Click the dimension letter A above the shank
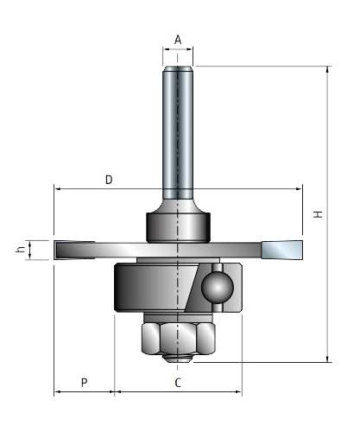[178, 40]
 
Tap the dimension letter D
[109, 180]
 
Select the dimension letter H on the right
[319, 214]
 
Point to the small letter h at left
[20, 250]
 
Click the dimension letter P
[84, 383]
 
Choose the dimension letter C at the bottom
[178, 383]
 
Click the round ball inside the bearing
[218, 288]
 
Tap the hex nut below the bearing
[179, 339]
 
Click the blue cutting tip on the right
[282, 250]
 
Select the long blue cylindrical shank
[178, 132]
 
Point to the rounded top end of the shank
[178, 69]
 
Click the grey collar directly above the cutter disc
[179, 227]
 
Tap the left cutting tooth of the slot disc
[75, 250]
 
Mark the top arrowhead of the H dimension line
[327, 69]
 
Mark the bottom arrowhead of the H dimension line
[327, 359]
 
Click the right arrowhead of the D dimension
[299, 189]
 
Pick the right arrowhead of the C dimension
[238, 391]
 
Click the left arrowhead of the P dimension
[58, 391]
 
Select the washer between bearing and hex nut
[178, 317]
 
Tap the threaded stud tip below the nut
[178, 359]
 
